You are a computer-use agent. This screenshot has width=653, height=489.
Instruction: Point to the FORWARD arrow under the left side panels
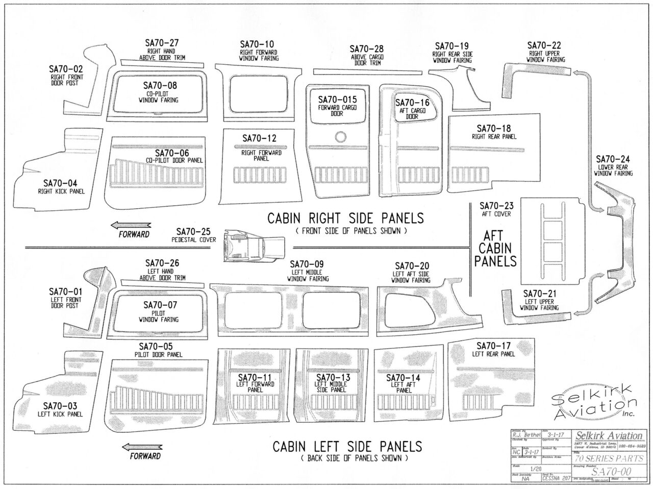pos(140,446)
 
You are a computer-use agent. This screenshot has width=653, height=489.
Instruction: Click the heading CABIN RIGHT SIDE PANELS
pos(345,218)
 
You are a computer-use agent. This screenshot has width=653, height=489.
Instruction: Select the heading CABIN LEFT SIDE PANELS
pos(347,447)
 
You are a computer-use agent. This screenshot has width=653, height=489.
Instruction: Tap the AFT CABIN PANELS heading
pos(495,249)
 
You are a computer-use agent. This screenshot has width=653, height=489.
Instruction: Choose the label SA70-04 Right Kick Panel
pos(61,186)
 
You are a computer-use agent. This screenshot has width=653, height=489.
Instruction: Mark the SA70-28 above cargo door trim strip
pos(367,71)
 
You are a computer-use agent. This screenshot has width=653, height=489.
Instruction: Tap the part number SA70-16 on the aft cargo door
pos(412,103)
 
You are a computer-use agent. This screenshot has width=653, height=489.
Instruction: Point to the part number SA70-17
pos(493,346)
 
